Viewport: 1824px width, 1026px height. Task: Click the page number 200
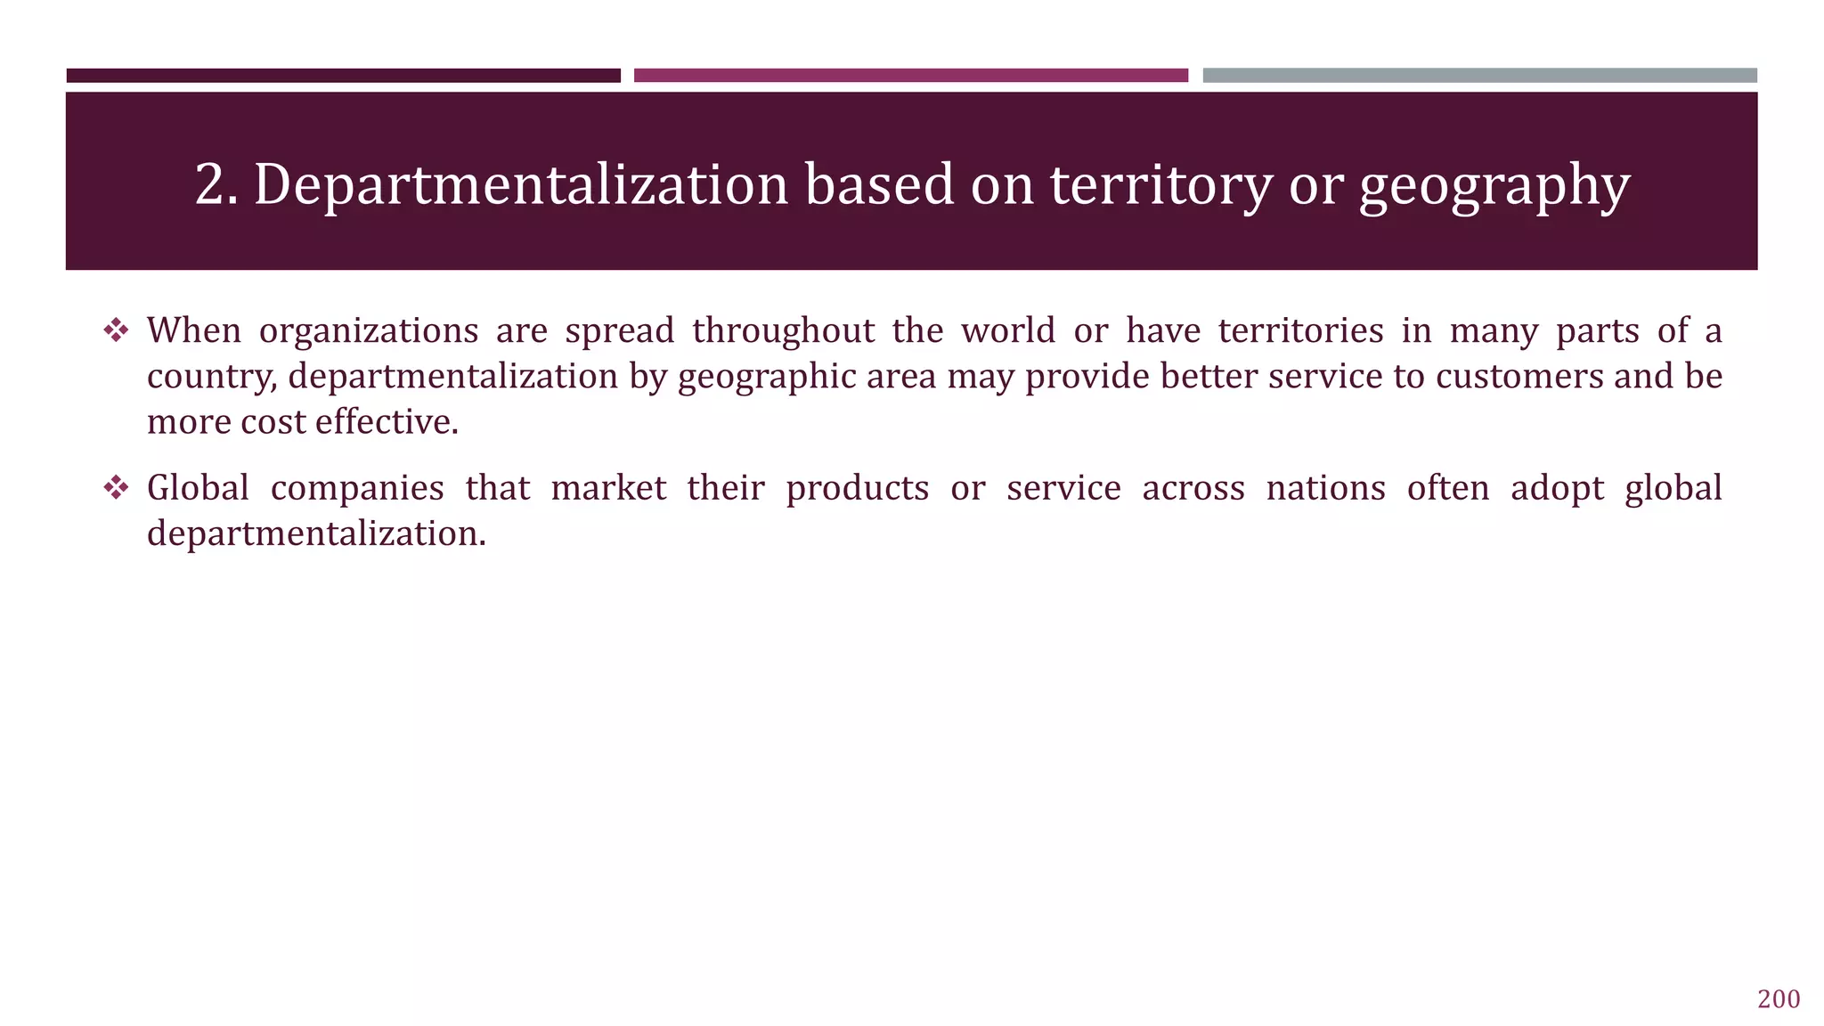coord(1778,999)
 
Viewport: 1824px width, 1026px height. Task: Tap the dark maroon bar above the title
coord(343,76)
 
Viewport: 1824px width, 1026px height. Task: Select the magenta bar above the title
coord(910,76)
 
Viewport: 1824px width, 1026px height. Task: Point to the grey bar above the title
coord(1479,76)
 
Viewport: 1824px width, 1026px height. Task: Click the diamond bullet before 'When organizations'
coord(116,331)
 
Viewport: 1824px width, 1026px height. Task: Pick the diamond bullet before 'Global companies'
coord(116,488)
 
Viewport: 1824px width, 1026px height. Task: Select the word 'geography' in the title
coord(1494,187)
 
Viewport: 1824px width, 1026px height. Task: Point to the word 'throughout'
coord(784,331)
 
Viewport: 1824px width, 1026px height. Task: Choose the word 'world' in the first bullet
coord(1008,331)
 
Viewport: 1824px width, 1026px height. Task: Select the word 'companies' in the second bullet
coord(357,489)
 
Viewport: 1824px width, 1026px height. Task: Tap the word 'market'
coord(608,489)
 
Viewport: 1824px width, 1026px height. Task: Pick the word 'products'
coord(857,489)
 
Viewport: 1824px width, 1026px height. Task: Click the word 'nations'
coord(1325,489)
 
